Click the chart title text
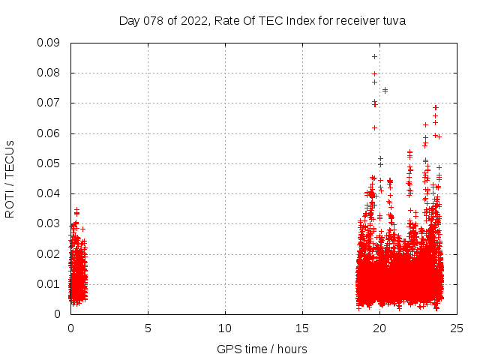pos(262,21)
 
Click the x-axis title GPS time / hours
pos(262,349)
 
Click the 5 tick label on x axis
pos(148,328)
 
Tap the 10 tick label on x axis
pos(225,328)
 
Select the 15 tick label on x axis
pos(302,328)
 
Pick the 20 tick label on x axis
pos(379,328)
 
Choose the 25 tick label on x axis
pos(457,328)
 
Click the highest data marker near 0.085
pos(374,56)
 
